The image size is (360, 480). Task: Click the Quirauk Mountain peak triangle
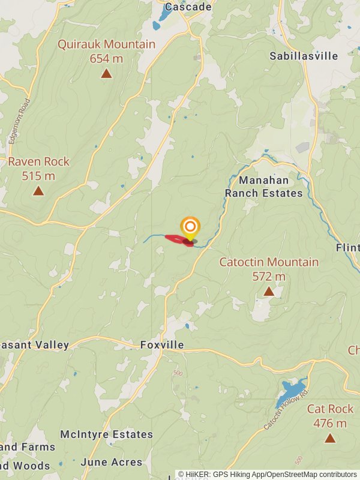[106, 74]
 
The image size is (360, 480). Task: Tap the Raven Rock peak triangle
[38, 191]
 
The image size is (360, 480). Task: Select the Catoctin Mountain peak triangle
[269, 292]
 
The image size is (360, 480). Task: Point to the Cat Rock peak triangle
[330, 438]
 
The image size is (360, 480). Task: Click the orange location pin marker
[190, 227]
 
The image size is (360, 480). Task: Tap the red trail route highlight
[179, 240]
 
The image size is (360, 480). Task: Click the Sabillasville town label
[304, 56]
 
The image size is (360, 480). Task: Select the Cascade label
[188, 7]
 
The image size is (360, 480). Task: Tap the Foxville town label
[161, 345]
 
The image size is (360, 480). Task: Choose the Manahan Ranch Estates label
[264, 187]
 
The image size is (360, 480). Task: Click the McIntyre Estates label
[106, 434]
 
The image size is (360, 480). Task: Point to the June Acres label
[111, 462]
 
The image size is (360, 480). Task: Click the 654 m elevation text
[106, 58]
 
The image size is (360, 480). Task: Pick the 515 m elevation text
[38, 176]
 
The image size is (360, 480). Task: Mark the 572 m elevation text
[269, 277]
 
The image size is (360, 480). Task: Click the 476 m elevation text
[330, 423]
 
